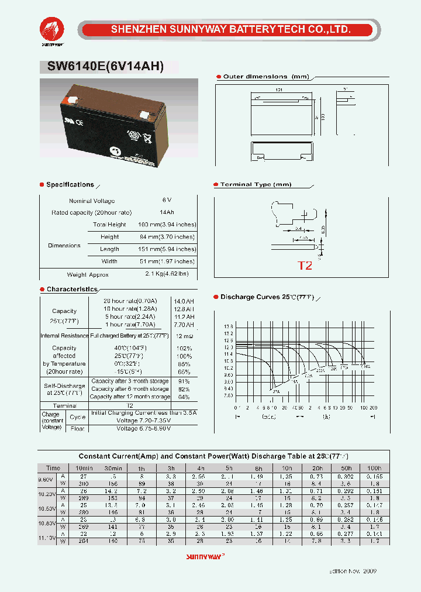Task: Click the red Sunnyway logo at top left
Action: tap(52, 29)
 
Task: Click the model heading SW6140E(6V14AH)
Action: tap(102, 67)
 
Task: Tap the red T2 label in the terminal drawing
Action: tap(305, 266)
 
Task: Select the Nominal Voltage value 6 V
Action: tap(167, 201)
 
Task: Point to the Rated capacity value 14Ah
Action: tap(167, 212)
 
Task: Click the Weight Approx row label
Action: tap(88, 274)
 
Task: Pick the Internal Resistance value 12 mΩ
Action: tap(184, 336)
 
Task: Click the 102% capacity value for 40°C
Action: tap(184, 348)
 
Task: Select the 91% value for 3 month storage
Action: tap(184, 381)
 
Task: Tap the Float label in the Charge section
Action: tap(78, 429)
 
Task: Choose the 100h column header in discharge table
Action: tap(374, 469)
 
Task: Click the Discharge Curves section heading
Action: tap(267, 297)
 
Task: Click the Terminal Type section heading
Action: tap(256, 185)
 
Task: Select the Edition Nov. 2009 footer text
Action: tap(354, 570)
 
